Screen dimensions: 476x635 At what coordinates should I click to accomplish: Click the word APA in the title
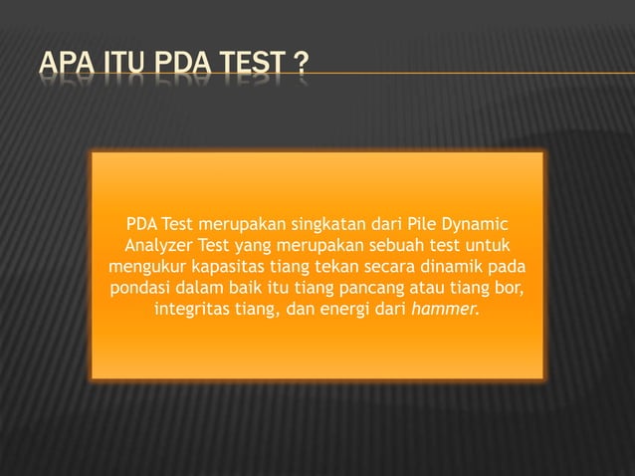(67, 67)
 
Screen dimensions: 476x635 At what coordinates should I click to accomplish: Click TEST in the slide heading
(253, 67)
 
